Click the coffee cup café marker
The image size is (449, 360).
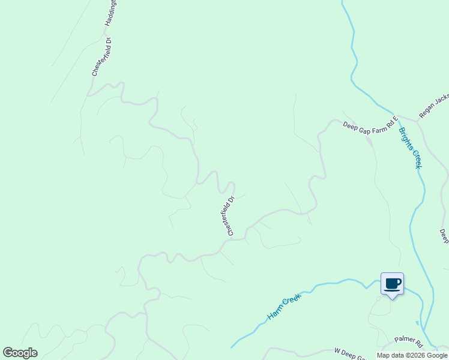(393, 283)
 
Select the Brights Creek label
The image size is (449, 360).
(409, 148)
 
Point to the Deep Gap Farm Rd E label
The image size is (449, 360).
(370, 125)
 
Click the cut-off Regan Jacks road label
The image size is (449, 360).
(434, 105)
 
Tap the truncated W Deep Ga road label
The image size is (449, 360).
(350, 353)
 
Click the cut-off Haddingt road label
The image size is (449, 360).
(110, 12)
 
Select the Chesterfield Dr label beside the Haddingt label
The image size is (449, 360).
(102, 56)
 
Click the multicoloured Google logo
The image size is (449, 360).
(20, 353)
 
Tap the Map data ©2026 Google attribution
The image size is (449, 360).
(411, 355)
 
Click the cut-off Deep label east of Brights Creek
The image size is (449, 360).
(444, 236)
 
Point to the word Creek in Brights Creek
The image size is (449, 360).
(414, 157)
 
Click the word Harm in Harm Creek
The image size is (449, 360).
(274, 313)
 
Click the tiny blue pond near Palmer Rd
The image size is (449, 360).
(417, 322)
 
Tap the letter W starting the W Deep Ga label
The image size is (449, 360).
(337, 350)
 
